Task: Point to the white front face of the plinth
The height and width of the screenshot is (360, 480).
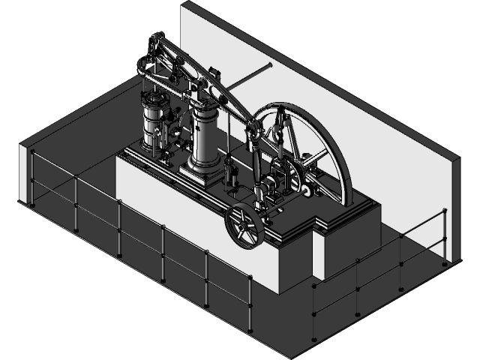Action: point(195,225)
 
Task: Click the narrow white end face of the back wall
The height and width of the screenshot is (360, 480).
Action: point(454,210)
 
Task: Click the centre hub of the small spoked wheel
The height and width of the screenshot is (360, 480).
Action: point(244,224)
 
